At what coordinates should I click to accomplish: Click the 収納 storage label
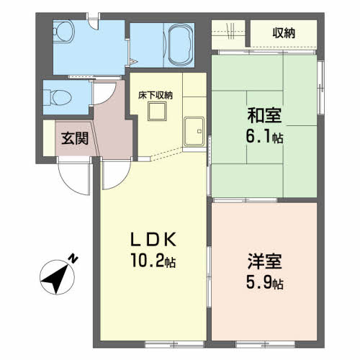point(284,33)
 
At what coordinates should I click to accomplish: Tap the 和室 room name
point(264,115)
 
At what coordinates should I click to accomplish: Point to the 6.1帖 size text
point(264,136)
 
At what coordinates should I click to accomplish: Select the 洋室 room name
point(265,261)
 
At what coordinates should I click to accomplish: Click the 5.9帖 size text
point(265,282)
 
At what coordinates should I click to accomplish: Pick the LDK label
point(153,240)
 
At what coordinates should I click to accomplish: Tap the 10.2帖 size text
point(153,261)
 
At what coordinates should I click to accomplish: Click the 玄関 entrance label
point(75,138)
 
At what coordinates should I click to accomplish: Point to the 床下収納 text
point(156,96)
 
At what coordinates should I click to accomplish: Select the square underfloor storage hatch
point(157,112)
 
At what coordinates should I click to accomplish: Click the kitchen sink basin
point(194,132)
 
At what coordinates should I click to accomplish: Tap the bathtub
point(181,45)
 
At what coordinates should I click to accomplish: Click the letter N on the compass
point(73,259)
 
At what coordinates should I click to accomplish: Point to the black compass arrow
point(56,279)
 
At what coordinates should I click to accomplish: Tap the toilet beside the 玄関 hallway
point(58,98)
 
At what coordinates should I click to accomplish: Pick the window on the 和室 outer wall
point(320,87)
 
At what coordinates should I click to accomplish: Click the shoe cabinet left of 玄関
point(49,138)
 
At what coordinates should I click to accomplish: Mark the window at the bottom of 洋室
point(265,344)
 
